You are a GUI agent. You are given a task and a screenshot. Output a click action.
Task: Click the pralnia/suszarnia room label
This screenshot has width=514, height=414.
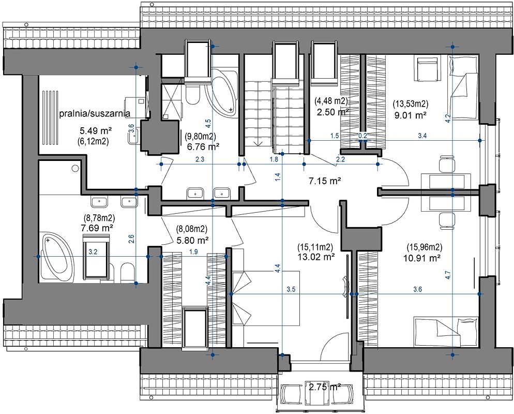(x=95, y=113)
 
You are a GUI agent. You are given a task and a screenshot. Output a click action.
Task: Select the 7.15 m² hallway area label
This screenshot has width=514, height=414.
(x=325, y=181)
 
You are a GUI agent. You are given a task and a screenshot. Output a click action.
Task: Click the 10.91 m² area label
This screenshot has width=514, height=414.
(x=422, y=258)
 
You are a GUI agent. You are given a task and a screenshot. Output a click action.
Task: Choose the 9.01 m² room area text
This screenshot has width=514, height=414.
(x=411, y=115)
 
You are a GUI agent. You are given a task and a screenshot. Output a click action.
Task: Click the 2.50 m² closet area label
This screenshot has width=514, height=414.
(x=332, y=112)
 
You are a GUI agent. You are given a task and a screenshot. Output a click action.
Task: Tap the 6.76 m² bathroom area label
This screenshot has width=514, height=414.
(x=203, y=146)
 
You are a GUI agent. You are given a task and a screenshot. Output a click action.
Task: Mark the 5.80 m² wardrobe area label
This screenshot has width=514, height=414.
(x=193, y=241)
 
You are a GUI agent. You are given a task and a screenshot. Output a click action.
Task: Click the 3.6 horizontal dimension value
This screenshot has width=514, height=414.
(x=418, y=289)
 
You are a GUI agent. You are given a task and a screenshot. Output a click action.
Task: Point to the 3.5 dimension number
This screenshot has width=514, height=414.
(x=291, y=289)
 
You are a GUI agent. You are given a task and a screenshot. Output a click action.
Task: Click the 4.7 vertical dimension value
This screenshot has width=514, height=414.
(x=448, y=274)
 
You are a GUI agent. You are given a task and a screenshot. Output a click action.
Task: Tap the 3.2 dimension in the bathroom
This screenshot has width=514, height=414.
(x=93, y=252)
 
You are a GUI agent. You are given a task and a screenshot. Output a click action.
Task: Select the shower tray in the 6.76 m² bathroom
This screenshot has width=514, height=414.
(x=172, y=100)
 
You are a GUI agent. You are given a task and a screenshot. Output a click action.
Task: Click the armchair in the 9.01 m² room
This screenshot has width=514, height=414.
(x=428, y=69)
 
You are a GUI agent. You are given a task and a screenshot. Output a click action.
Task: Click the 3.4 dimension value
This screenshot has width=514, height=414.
(x=422, y=136)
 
